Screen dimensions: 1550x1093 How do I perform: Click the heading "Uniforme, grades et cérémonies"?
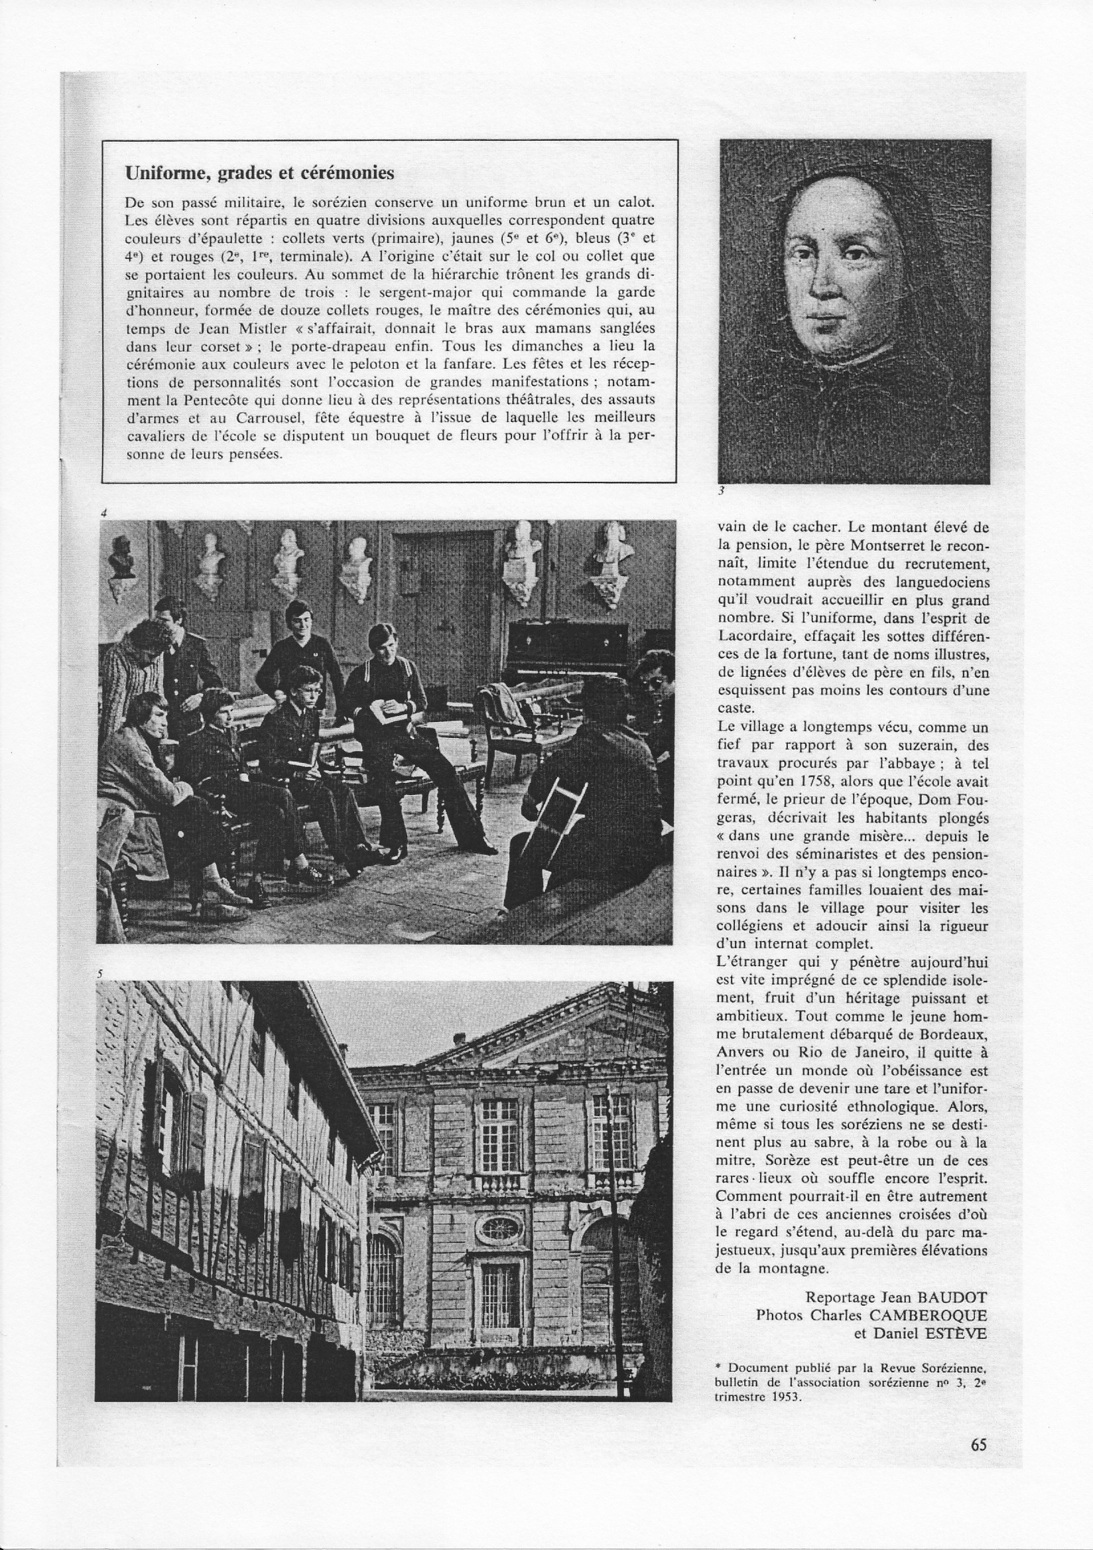click(x=260, y=173)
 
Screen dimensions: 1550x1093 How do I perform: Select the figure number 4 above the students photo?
click(x=103, y=513)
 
